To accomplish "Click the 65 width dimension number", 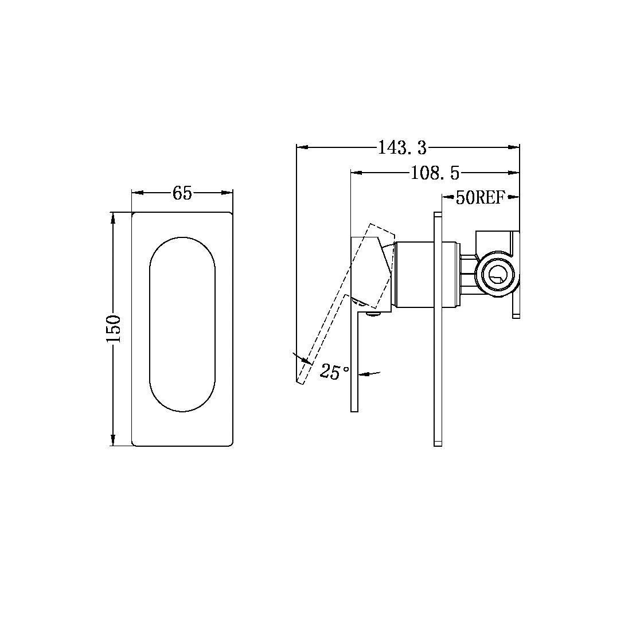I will tap(182, 193).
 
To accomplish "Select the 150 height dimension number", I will tap(113, 329).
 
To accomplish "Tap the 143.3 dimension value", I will tap(402, 148).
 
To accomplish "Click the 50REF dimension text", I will tap(479, 198).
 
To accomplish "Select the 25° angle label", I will tap(335, 372).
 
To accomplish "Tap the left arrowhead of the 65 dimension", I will tap(136, 193).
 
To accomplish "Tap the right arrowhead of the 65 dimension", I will tap(229, 193).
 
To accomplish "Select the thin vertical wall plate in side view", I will tap(438, 329).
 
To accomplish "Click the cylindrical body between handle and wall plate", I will tap(424, 275).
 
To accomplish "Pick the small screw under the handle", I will tap(373, 313).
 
